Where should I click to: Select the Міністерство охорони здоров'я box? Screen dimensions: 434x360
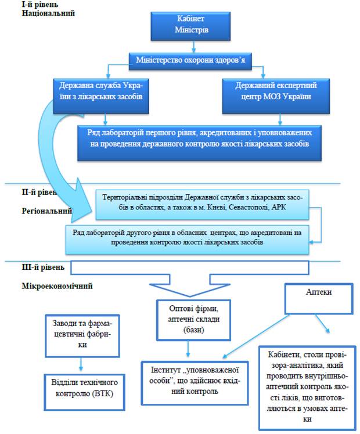[x=196, y=60]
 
